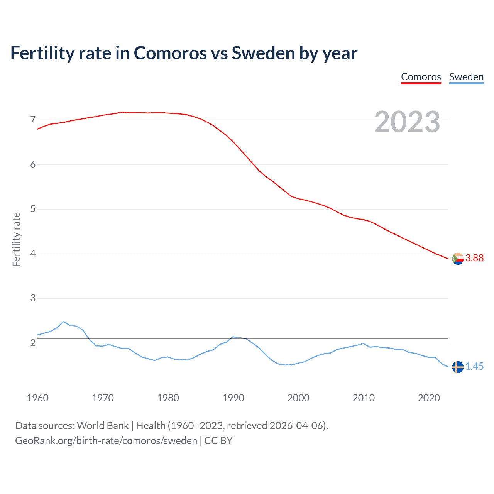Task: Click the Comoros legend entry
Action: click(421, 77)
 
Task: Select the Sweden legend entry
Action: click(466, 77)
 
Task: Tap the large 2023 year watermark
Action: click(407, 122)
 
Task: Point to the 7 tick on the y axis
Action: click(33, 120)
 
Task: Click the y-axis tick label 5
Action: click(33, 209)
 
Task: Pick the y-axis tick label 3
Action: click(33, 298)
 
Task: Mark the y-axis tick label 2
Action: click(33, 343)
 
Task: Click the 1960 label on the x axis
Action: click(37, 398)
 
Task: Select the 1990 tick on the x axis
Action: click(233, 398)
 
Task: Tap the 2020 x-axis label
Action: click(429, 398)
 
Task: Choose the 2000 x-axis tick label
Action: click(298, 398)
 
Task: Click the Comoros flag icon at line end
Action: click(458, 259)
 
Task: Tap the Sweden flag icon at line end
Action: click(458, 367)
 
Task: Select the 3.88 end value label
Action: click(474, 258)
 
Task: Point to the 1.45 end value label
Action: click(474, 367)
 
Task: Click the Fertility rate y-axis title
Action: click(16, 239)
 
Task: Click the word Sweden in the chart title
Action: click(263, 53)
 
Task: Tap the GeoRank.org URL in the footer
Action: click(106, 441)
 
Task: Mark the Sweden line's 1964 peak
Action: click(63, 322)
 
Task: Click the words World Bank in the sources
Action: click(103, 426)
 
